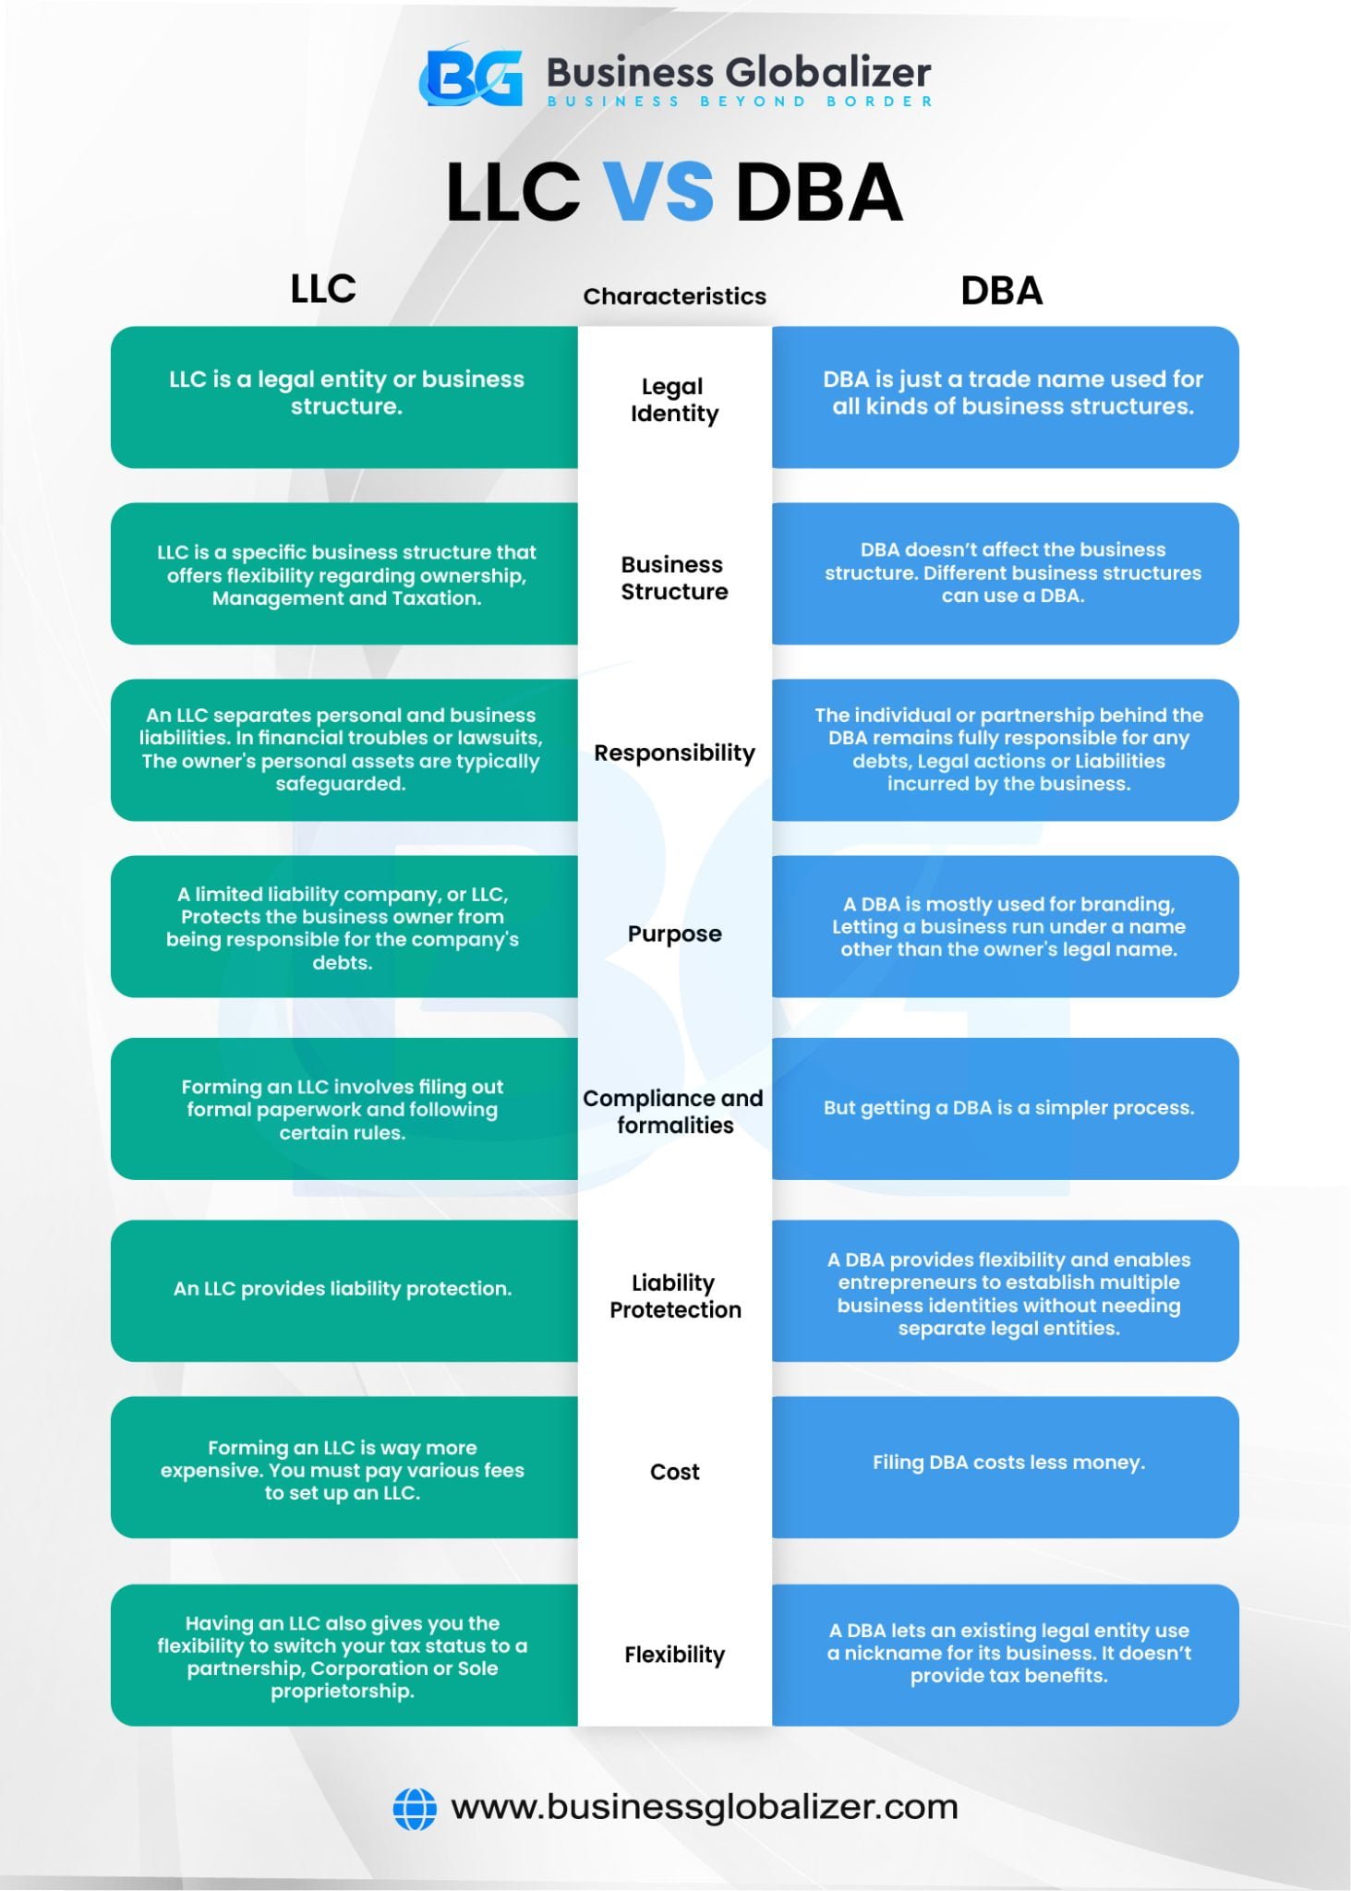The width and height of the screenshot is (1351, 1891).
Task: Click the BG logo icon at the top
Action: pyautogui.click(x=471, y=77)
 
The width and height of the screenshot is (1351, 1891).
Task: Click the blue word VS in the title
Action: pyautogui.click(x=658, y=191)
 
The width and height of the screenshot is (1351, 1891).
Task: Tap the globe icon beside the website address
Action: pyautogui.click(x=415, y=1808)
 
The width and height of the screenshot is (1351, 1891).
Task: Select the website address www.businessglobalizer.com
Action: pyautogui.click(x=704, y=1807)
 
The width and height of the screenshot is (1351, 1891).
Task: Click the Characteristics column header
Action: pyautogui.click(x=674, y=296)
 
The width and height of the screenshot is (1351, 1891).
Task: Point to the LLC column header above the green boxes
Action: pyautogui.click(x=323, y=289)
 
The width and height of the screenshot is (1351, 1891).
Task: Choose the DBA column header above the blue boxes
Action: pyautogui.click(x=1001, y=291)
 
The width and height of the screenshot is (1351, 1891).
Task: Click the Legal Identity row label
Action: pyautogui.click(x=674, y=400)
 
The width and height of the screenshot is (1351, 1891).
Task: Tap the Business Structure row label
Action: pyautogui.click(x=674, y=578)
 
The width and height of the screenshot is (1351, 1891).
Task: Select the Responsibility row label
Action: pyautogui.click(x=674, y=753)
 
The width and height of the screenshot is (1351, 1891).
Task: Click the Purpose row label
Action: pyautogui.click(x=674, y=933)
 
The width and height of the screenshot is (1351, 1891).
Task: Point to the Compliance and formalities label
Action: pyautogui.click(x=674, y=1111)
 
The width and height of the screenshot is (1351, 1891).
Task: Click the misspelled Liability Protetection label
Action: pyautogui.click(x=674, y=1295)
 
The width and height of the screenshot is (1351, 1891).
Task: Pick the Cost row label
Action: pyautogui.click(x=674, y=1472)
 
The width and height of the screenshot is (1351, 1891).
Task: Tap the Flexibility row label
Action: pyautogui.click(x=674, y=1655)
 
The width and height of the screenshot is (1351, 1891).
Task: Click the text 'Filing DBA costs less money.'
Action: pyautogui.click(x=1008, y=1463)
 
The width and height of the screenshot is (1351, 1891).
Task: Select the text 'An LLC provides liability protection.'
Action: pyautogui.click(x=343, y=1289)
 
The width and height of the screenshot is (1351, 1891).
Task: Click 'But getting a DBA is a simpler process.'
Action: pyautogui.click(x=1008, y=1108)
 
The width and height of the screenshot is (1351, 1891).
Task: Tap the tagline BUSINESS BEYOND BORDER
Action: pyautogui.click(x=740, y=102)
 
